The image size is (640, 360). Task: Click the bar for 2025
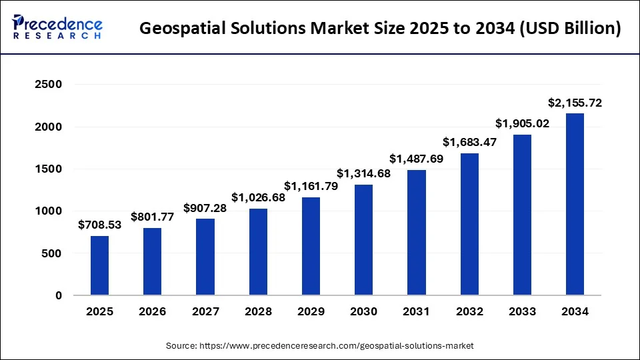(99, 265)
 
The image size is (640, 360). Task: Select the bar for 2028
(258, 252)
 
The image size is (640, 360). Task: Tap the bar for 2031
(416, 233)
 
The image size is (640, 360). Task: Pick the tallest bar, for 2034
(575, 204)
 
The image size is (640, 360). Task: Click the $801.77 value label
(152, 216)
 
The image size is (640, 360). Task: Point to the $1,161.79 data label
(311, 185)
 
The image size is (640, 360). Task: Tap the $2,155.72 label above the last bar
(575, 103)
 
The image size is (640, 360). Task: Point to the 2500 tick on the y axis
(48, 85)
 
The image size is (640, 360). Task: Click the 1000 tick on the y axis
(48, 211)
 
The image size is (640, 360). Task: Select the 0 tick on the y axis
(58, 296)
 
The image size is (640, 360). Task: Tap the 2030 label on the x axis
(363, 312)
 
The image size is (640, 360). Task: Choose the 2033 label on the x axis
(521, 312)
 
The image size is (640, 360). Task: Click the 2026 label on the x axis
(152, 312)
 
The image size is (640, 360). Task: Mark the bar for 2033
(521, 215)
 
